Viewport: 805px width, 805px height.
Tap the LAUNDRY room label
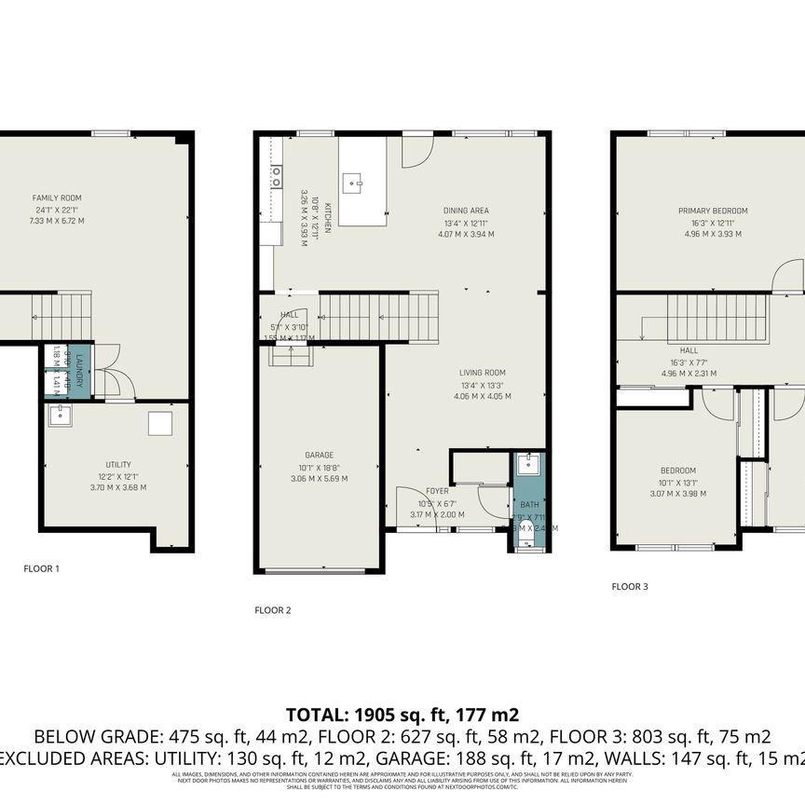tap(80, 373)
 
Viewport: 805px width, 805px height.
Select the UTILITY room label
tap(117, 465)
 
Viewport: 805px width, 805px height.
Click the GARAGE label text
tap(319, 456)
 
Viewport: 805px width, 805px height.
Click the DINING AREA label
tap(466, 211)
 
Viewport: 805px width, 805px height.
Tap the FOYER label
tap(437, 491)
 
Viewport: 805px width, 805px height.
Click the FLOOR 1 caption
tap(42, 567)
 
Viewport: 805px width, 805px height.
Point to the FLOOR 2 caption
tap(273, 610)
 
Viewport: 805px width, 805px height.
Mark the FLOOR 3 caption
tap(630, 587)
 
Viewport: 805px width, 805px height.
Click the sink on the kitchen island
tap(354, 182)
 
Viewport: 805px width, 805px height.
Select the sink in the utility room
tap(61, 415)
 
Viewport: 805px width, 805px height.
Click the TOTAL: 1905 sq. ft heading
tap(402, 716)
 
